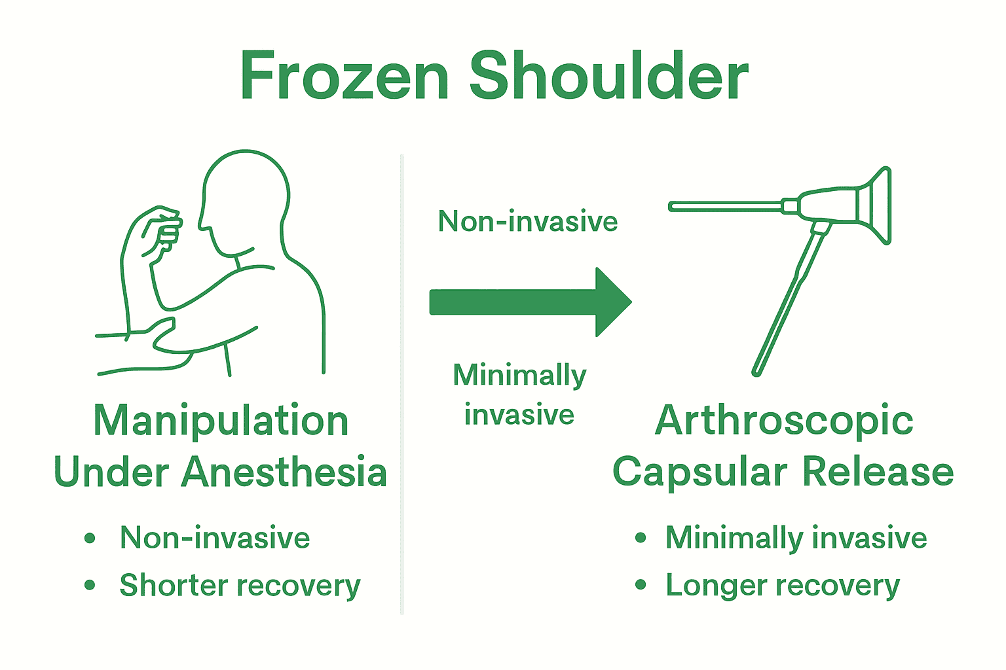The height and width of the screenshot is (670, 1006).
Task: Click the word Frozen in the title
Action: point(345,77)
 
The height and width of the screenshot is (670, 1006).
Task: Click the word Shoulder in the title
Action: point(608,77)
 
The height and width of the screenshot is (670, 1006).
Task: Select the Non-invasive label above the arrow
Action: point(528,222)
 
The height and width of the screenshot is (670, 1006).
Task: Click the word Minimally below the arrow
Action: point(519,376)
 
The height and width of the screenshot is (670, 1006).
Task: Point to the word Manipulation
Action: point(221,420)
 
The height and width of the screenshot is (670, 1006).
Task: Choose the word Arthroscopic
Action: point(784,420)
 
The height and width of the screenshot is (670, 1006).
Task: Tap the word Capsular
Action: point(699,472)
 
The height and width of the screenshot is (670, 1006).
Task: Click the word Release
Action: point(878,472)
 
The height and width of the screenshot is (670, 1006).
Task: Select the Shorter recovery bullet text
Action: point(240,585)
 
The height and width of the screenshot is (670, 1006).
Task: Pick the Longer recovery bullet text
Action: point(783,585)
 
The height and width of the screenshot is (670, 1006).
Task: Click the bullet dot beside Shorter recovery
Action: point(90,585)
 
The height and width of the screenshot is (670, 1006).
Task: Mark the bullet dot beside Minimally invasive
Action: point(641,538)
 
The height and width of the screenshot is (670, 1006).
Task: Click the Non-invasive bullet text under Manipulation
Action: point(215,538)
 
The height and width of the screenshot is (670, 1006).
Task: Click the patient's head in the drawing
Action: point(246,196)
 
